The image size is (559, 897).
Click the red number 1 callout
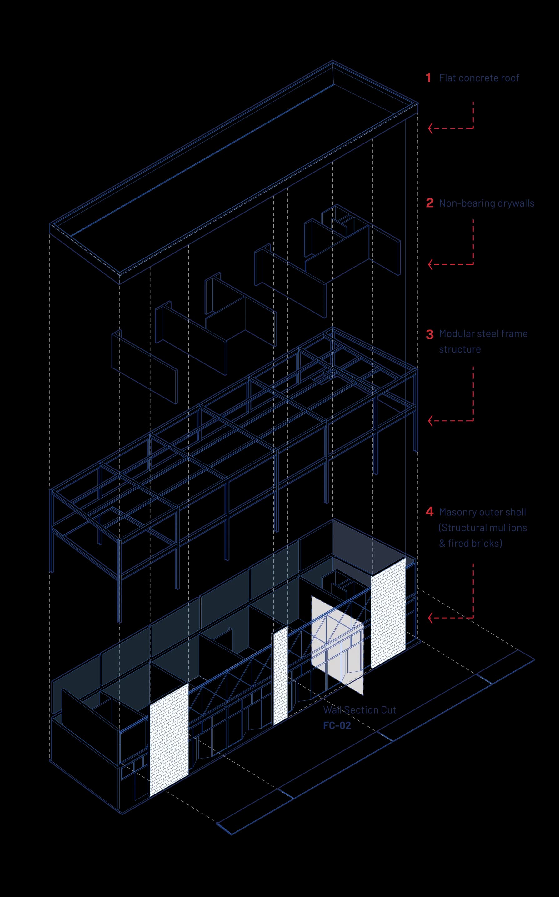point(428,78)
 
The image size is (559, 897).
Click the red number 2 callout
point(429,203)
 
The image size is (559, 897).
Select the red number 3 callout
point(429,334)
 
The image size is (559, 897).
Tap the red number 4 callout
point(429,512)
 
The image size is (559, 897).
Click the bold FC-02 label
point(337,726)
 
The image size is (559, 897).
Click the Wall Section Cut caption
point(359,710)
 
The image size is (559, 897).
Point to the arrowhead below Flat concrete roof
point(430,128)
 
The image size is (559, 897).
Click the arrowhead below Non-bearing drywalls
point(430,264)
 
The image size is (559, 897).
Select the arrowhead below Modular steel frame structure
point(430,421)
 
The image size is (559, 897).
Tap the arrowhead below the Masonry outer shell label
point(430,618)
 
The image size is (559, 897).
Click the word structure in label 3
point(460,349)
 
